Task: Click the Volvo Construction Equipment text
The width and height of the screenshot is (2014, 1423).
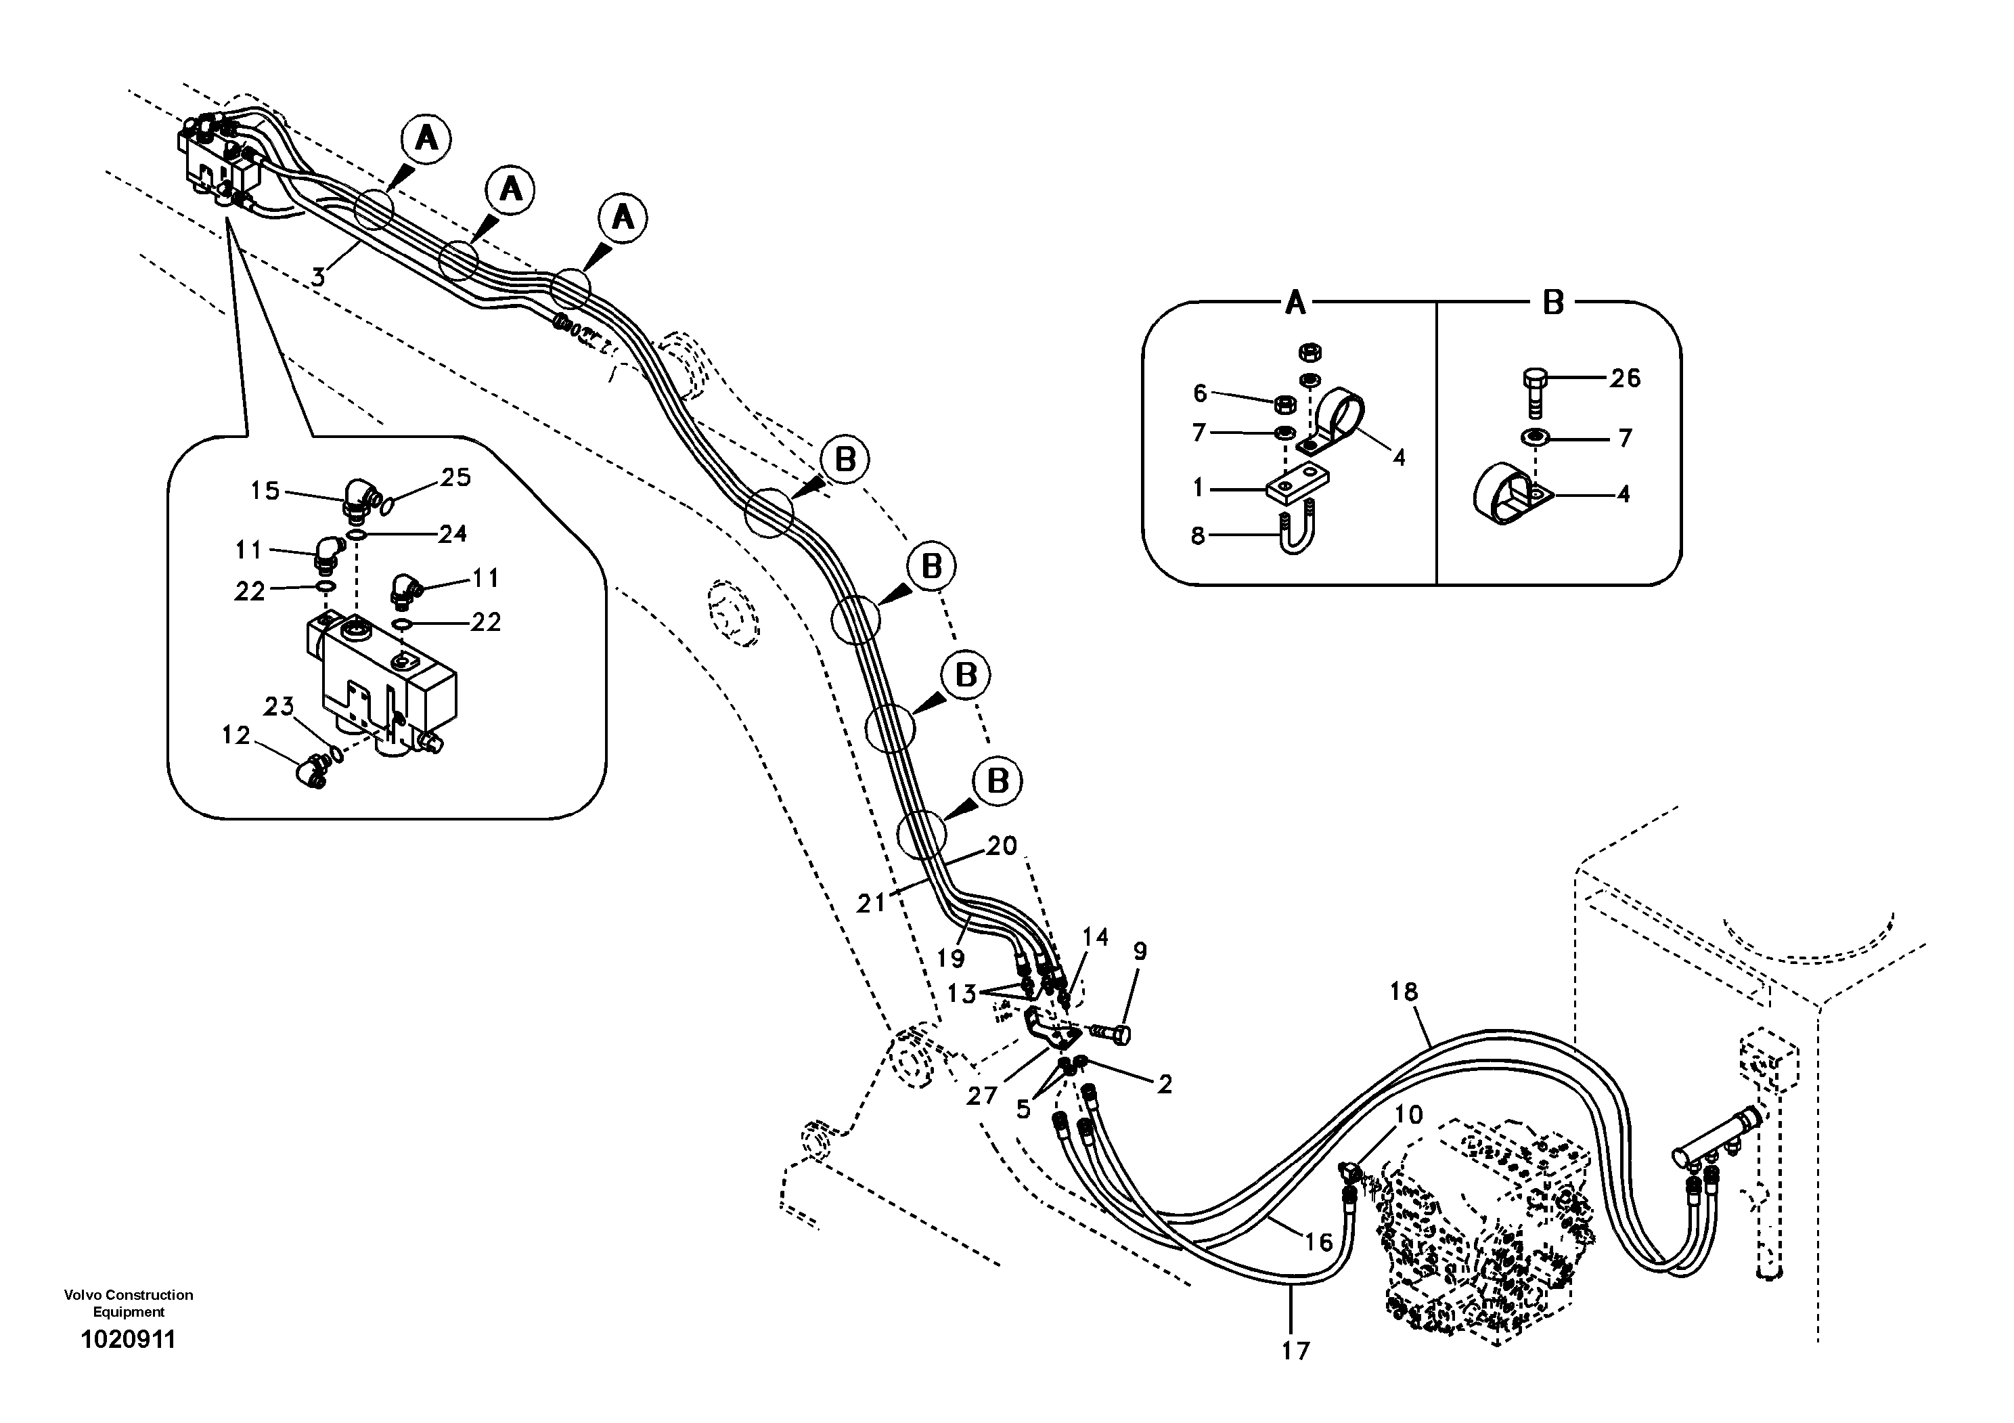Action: coord(128,1302)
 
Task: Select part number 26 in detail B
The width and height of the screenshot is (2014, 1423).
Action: coord(1625,378)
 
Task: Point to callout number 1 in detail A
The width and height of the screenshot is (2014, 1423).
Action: coord(1199,488)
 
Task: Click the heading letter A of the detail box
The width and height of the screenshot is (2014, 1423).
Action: coord(1295,303)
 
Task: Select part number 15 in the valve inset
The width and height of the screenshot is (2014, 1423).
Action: coord(265,490)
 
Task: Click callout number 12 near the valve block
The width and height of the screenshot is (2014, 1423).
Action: coord(236,735)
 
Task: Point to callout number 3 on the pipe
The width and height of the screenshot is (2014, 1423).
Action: coord(319,278)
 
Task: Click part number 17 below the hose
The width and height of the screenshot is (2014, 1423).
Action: coord(1295,1351)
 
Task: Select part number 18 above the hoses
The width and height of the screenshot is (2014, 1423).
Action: coord(1404,991)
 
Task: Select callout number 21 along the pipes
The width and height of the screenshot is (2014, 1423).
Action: coord(871,903)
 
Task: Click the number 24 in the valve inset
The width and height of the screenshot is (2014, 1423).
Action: coord(452,533)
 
